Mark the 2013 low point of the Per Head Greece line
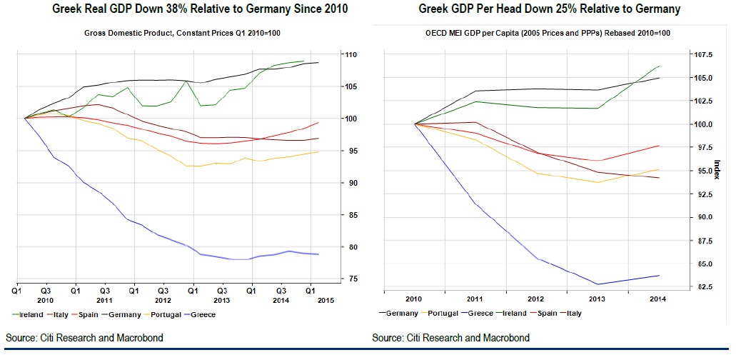598,284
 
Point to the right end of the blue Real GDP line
318,254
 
